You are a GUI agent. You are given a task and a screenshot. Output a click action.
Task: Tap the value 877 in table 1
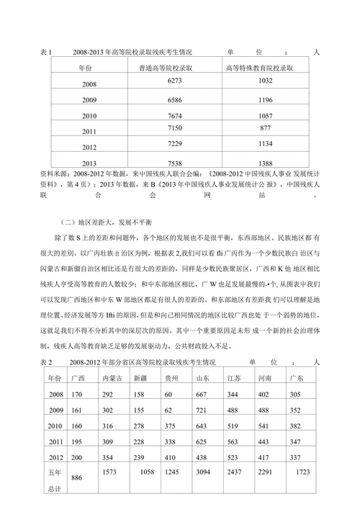(266, 128)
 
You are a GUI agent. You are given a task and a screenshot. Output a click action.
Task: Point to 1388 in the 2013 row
(266, 163)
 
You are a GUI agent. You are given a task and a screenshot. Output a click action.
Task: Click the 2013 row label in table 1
(90, 163)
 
